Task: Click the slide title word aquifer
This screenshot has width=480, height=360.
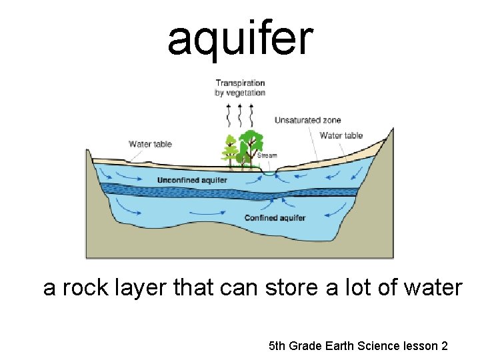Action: [239, 39]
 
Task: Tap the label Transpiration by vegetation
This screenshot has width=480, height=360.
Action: [240, 88]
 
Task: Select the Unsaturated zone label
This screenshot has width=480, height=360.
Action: [307, 120]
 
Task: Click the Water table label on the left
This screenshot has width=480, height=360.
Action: [150, 144]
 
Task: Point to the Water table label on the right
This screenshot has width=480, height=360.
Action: [341, 135]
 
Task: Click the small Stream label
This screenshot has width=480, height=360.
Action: [267, 155]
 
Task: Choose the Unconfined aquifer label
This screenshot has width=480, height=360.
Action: [192, 180]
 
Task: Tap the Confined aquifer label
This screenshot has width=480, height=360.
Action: [275, 218]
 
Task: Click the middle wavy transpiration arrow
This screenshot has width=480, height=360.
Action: [240, 115]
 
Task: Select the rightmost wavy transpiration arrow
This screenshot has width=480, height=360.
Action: [251, 115]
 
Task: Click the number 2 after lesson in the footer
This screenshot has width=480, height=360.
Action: [444, 346]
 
